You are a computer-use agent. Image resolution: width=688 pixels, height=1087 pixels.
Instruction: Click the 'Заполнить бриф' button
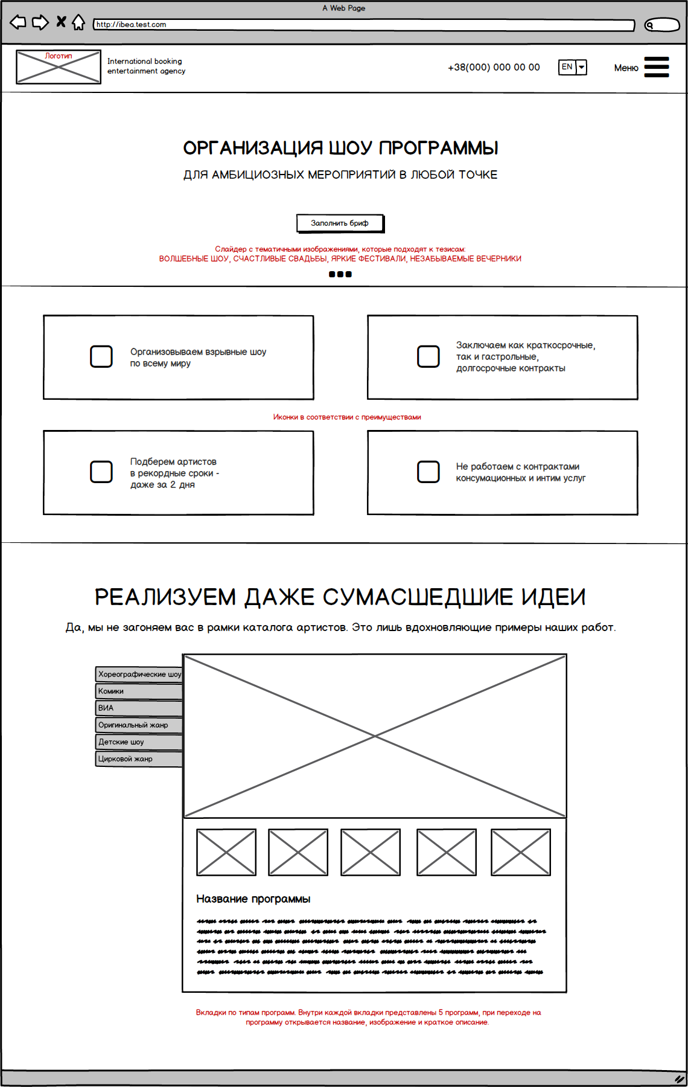[340, 223]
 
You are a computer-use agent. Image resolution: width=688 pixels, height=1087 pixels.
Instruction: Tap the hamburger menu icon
[657, 67]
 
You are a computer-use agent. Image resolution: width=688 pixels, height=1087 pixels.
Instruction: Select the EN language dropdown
[572, 67]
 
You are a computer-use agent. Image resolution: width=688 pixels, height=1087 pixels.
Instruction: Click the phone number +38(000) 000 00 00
[494, 68]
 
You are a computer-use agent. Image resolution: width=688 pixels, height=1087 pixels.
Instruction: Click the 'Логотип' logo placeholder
[59, 67]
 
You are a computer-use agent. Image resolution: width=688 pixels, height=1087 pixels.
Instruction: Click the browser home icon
[78, 23]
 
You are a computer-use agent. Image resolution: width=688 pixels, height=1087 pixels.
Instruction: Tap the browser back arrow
[18, 23]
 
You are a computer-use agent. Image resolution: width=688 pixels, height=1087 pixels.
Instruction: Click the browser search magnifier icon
[650, 25]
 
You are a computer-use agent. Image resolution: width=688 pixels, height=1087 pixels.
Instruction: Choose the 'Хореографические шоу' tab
[139, 675]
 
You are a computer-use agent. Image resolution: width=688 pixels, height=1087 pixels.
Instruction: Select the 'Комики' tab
[139, 691]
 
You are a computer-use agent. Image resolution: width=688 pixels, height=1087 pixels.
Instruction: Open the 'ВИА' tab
[139, 708]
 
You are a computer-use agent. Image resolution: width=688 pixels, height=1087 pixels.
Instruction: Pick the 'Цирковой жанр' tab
[139, 759]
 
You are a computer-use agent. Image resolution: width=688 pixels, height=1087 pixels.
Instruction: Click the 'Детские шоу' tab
[139, 742]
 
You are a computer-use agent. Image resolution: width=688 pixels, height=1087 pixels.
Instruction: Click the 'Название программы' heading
[253, 899]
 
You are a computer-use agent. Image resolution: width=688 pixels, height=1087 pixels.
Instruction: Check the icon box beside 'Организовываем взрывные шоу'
[101, 357]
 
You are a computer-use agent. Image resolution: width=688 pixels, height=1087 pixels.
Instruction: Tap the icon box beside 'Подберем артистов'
[101, 472]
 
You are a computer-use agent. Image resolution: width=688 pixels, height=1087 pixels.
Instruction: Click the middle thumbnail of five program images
[371, 852]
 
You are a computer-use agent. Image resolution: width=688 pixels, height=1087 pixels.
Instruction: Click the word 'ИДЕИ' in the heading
[553, 597]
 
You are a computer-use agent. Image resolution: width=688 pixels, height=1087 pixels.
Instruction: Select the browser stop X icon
[61, 22]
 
